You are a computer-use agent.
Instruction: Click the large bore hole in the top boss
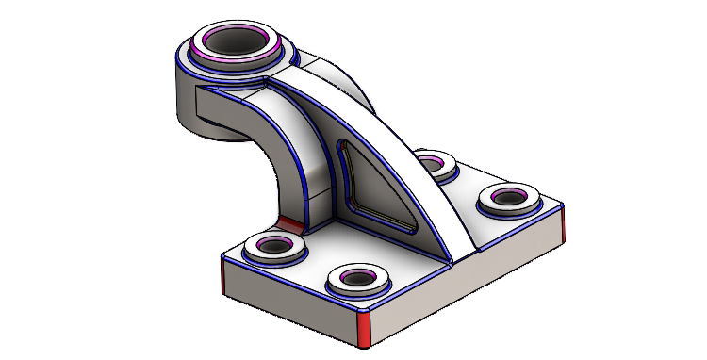235,41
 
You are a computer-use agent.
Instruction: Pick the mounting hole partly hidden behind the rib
433,166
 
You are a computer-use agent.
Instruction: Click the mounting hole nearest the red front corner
359,278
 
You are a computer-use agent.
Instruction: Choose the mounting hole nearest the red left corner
273,247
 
